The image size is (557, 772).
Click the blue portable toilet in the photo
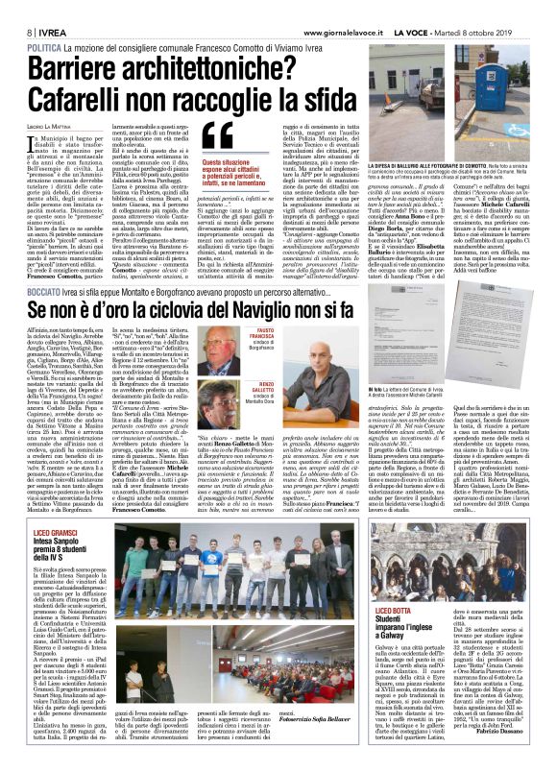[x=524, y=77]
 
